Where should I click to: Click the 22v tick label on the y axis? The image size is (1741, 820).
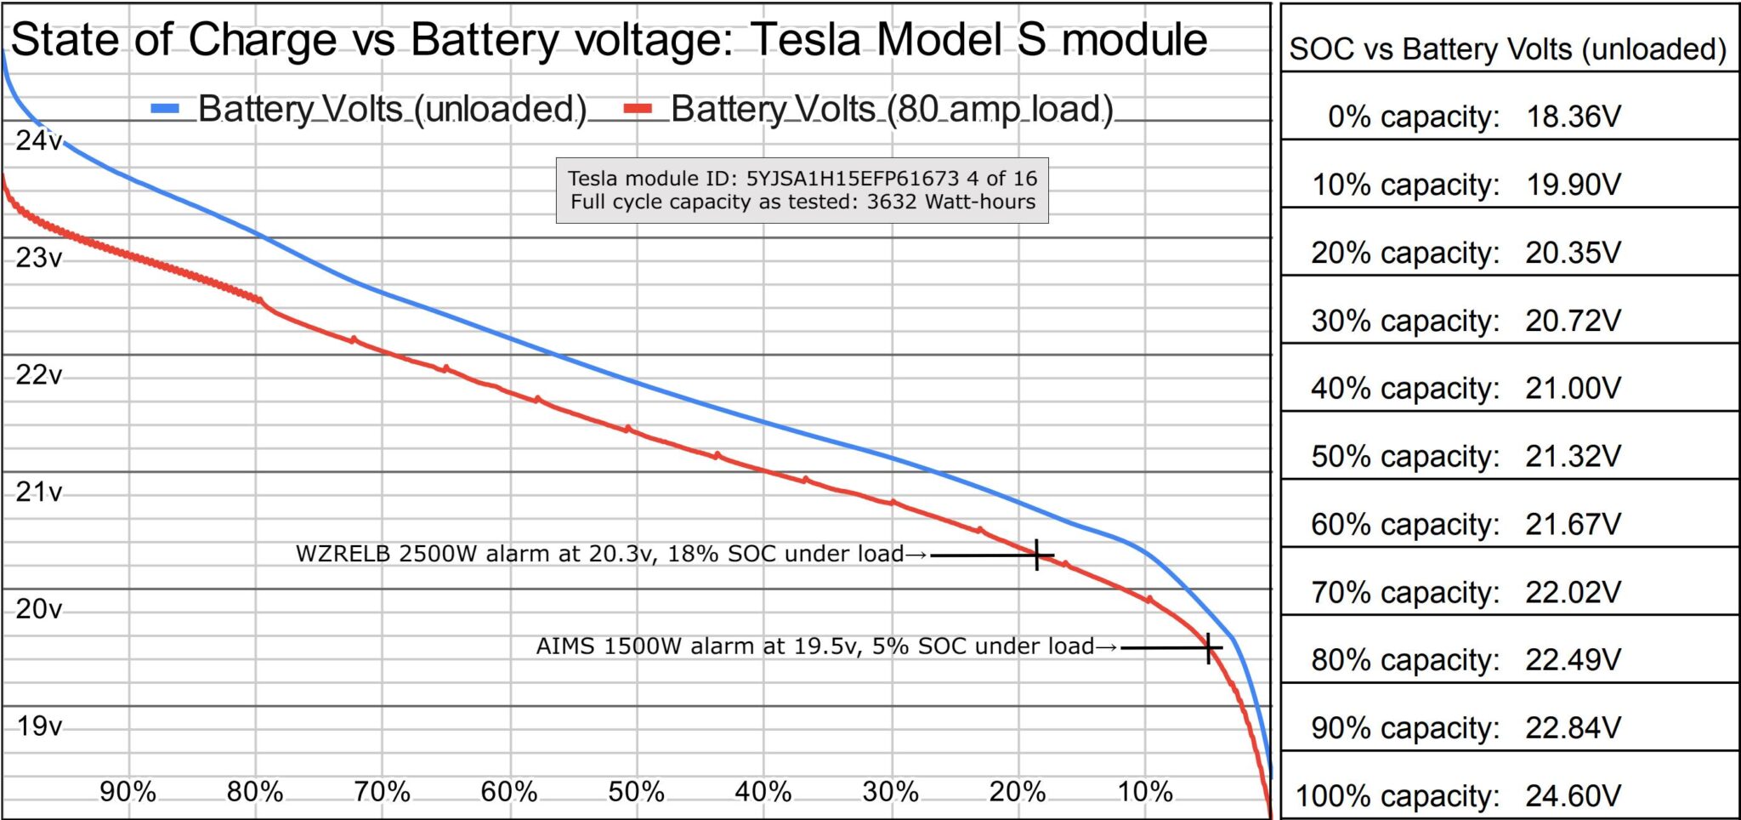(38, 374)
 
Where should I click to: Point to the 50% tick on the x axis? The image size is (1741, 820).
(636, 792)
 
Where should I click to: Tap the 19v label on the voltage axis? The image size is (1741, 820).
(39, 726)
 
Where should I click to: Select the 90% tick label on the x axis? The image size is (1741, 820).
(128, 792)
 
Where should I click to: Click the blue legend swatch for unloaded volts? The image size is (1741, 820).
(165, 109)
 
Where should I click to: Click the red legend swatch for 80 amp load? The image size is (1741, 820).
(638, 109)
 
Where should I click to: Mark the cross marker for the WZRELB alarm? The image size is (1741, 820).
(1037, 555)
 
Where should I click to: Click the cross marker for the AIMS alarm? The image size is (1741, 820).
(1209, 647)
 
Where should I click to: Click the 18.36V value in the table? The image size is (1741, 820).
(1574, 117)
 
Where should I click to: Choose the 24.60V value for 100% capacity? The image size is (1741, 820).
(1573, 796)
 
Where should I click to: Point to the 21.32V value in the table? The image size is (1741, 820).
(1573, 457)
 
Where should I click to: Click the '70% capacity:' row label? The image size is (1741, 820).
(1405, 592)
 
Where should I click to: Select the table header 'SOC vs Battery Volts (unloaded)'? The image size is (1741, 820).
(1507, 49)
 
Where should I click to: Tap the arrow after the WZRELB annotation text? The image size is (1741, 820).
(916, 555)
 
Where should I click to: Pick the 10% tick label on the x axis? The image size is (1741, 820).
(1144, 792)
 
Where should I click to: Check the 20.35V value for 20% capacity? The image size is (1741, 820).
(1573, 253)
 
